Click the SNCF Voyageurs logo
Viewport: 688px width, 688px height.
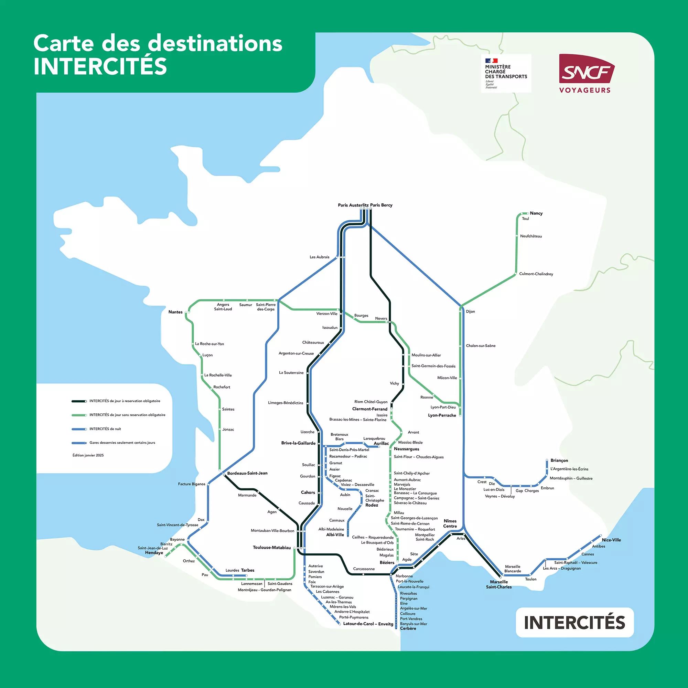584,73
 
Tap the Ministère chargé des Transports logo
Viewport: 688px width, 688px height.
506,73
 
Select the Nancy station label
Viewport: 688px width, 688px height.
536,213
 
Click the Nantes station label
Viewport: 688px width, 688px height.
175,312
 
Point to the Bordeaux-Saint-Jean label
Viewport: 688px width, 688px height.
247,473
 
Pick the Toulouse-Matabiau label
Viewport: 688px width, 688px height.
272,548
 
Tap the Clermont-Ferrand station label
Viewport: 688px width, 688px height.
370,409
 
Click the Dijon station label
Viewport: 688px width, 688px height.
470,311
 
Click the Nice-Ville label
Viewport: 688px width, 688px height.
611,540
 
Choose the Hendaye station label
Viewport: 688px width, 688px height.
154,553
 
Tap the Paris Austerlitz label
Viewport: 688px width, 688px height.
353,205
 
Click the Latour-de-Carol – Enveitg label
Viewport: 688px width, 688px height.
368,624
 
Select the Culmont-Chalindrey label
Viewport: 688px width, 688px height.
536,274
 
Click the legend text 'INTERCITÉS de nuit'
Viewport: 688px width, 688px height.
105,429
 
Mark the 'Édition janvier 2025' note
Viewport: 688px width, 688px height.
88,455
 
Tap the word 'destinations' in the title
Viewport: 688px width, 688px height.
215,44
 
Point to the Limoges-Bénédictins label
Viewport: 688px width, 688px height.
286,403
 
